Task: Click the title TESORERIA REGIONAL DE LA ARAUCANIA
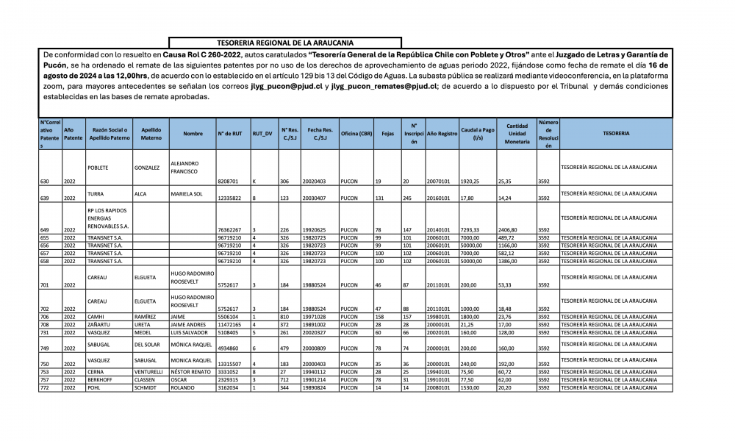click(x=285, y=43)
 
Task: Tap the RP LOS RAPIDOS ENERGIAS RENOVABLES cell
click(x=108, y=218)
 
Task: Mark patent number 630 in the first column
click(x=45, y=180)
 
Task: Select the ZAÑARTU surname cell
click(x=98, y=323)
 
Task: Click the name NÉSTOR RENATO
click(x=190, y=373)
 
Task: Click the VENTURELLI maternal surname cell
click(x=149, y=373)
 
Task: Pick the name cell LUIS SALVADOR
click(x=190, y=331)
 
